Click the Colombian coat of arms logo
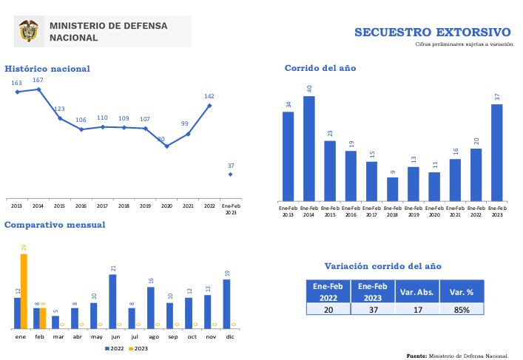tap(29, 31)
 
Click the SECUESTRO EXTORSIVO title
tap(432, 33)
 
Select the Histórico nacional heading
tap(47, 69)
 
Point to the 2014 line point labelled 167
tap(38, 89)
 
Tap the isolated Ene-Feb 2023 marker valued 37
tap(231, 174)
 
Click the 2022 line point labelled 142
tap(210, 106)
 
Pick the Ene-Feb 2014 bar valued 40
tap(309, 148)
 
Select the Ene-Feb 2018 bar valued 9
tap(392, 189)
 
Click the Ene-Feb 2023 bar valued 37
tap(497, 152)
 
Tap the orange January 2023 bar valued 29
tap(24, 291)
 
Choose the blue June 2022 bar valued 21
tap(112, 302)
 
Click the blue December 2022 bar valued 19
tap(226, 304)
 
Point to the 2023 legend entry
tap(138, 348)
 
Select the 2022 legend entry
tap(115, 348)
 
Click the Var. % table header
tap(461, 291)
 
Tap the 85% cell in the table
tap(461, 310)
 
